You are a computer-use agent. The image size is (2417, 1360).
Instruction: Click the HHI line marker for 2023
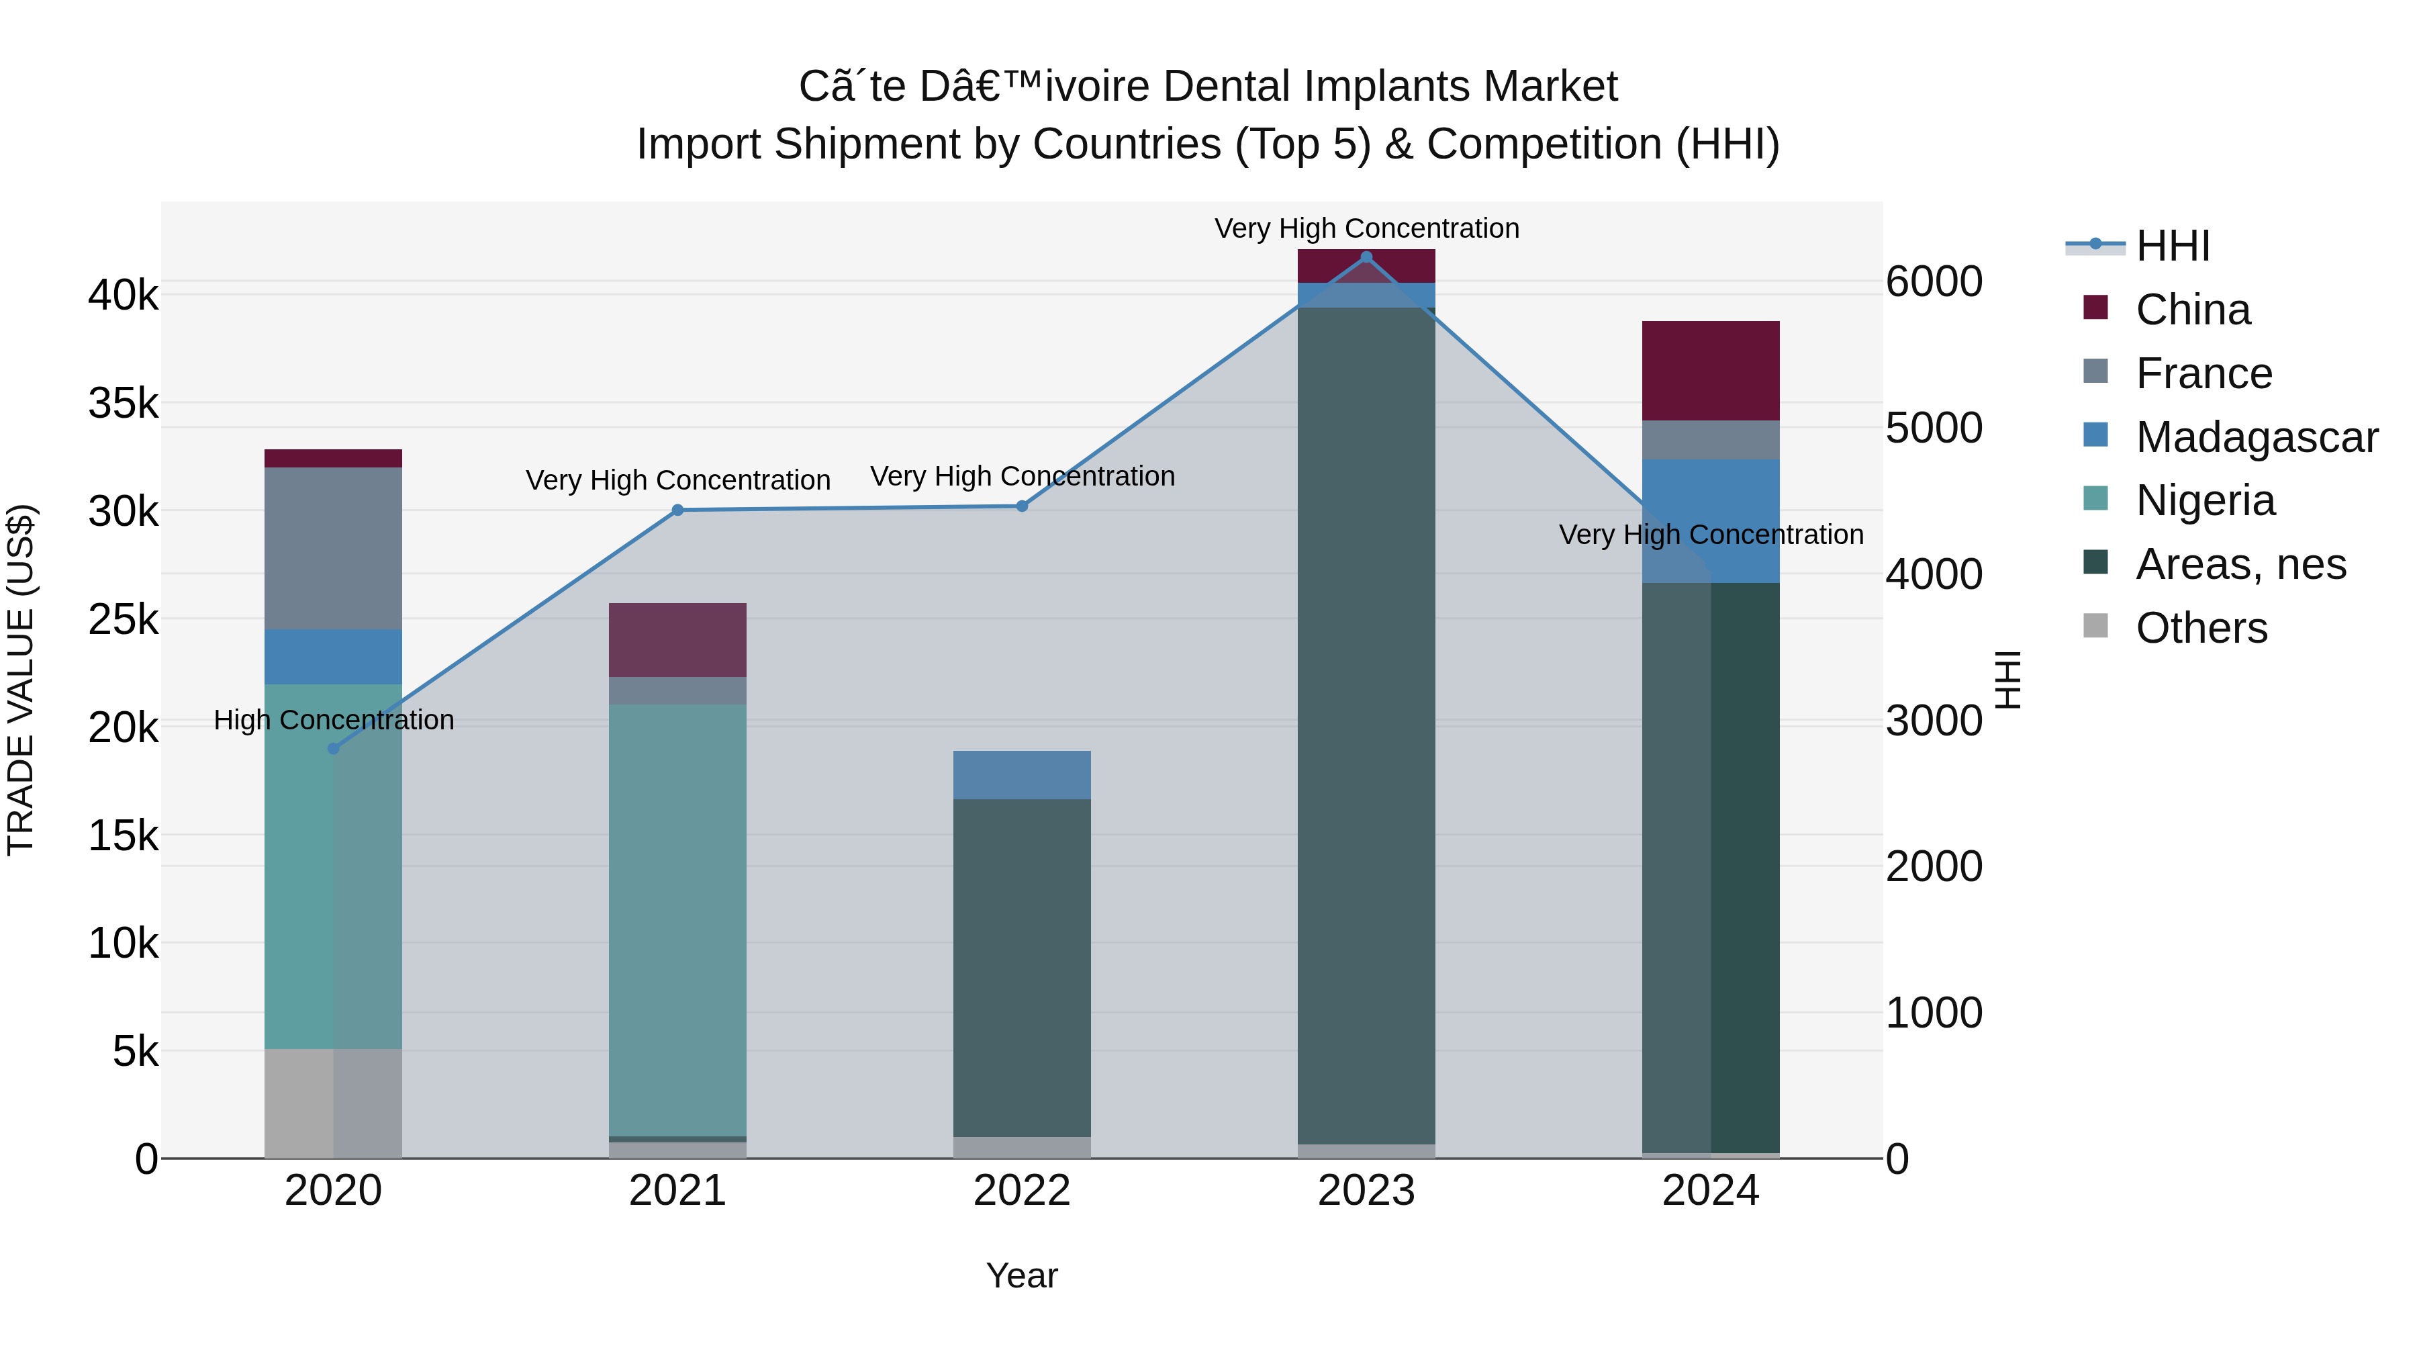[1366, 257]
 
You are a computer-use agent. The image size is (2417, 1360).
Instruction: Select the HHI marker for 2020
[333, 748]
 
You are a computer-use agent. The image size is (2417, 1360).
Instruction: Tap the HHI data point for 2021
[677, 510]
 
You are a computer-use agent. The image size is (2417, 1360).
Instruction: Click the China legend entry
[2192, 310]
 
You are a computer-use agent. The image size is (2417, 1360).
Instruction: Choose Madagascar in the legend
[2256, 437]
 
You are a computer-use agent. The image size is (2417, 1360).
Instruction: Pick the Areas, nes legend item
[2240, 564]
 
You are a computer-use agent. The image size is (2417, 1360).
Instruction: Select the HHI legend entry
[2171, 246]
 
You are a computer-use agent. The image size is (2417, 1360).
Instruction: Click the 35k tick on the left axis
[123, 404]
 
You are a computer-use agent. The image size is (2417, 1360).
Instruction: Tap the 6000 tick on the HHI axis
[1934, 281]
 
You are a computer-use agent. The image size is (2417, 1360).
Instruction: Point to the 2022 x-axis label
[1022, 1191]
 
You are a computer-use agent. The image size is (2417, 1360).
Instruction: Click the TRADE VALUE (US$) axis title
[21, 680]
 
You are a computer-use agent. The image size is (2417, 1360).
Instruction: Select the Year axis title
[1022, 1275]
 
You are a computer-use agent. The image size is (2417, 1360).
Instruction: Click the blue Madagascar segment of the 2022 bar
[1022, 774]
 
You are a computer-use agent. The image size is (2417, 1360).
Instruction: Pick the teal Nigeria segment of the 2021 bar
[677, 920]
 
